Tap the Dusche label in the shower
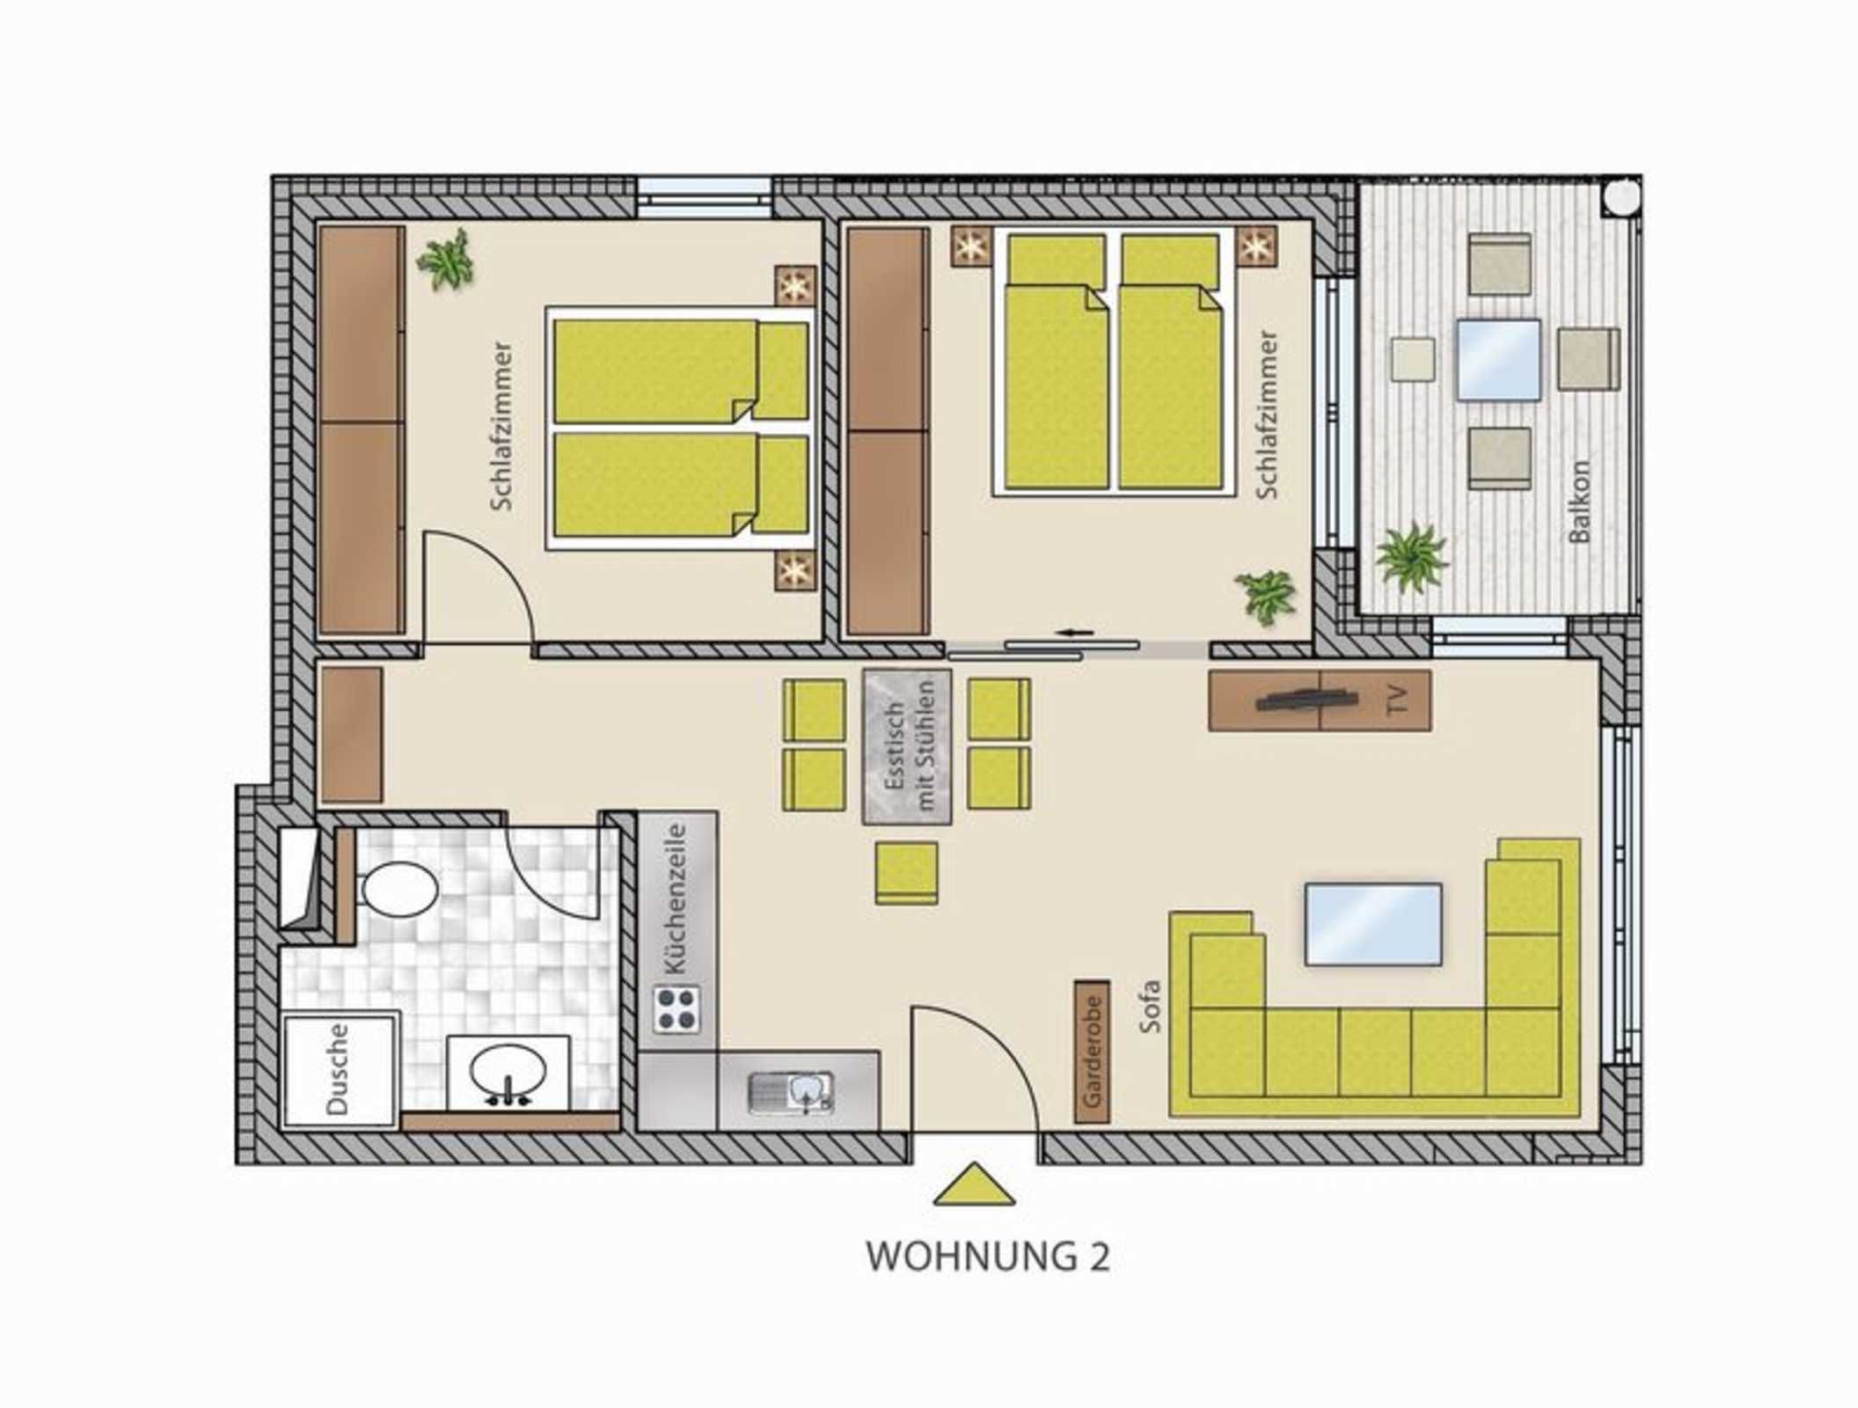point(338,1069)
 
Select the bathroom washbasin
point(508,1072)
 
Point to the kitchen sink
point(791,1094)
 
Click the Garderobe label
point(1092,1052)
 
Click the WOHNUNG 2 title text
point(988,1257)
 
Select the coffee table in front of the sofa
point(1372,924)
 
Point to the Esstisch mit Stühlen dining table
point(907,746)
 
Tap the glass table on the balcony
point(1498,360)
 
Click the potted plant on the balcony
point(1411,556)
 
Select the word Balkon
point(1579,502)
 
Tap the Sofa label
point(1150,1006)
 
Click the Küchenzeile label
point(676,898)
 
